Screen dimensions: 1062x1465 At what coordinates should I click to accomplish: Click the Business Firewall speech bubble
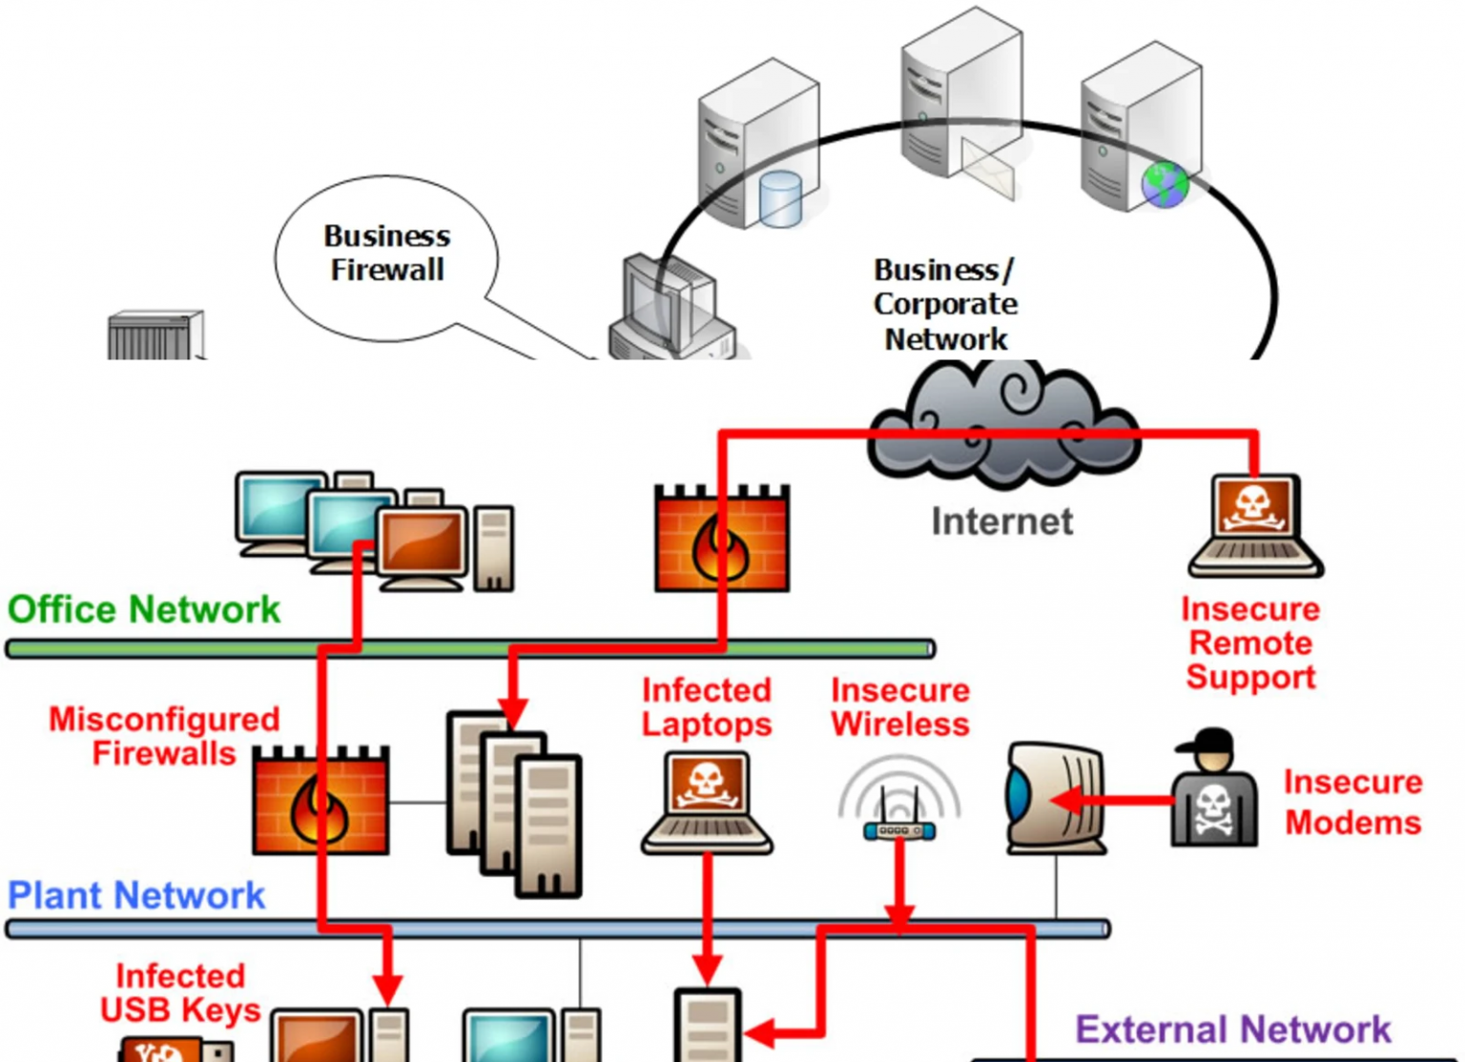pyautogui.click(x=386, y=255)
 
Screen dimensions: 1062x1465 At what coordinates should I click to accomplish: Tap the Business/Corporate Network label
pyautogui.click(x=944, y=304)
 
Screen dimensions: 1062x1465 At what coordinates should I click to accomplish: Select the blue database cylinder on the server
pyautogui.click(x=780, y=198)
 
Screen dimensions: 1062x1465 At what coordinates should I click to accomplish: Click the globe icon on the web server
pyautogui.click(x=1166, y=185)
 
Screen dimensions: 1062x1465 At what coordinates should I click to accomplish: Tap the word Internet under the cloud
pyautogui.click(x=1001, y=521)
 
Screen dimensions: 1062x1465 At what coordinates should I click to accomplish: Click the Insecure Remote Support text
pyautogui.click(x=1250, y=643)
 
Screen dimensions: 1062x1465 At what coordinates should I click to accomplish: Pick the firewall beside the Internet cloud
pyautogui.click(x=721, y=540)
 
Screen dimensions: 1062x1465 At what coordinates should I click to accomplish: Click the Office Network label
pyautogui.click(x=144, y=609)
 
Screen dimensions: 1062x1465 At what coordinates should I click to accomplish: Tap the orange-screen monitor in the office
pyautogui.click(x=422, y=544)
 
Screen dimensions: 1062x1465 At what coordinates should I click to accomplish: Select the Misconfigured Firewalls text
pyautogui.click(x=164, y=736)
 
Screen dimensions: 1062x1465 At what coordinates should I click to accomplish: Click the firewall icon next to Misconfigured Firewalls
pyautogui.click(x=320, y=801)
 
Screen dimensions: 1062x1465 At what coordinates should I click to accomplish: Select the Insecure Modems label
pyautogui.click(x=1352, y=802)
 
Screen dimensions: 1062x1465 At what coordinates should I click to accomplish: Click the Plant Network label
pyautogui.click(x=136, y=895)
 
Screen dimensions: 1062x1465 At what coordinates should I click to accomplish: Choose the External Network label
pyautogui.click(x=1232, y=1030)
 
